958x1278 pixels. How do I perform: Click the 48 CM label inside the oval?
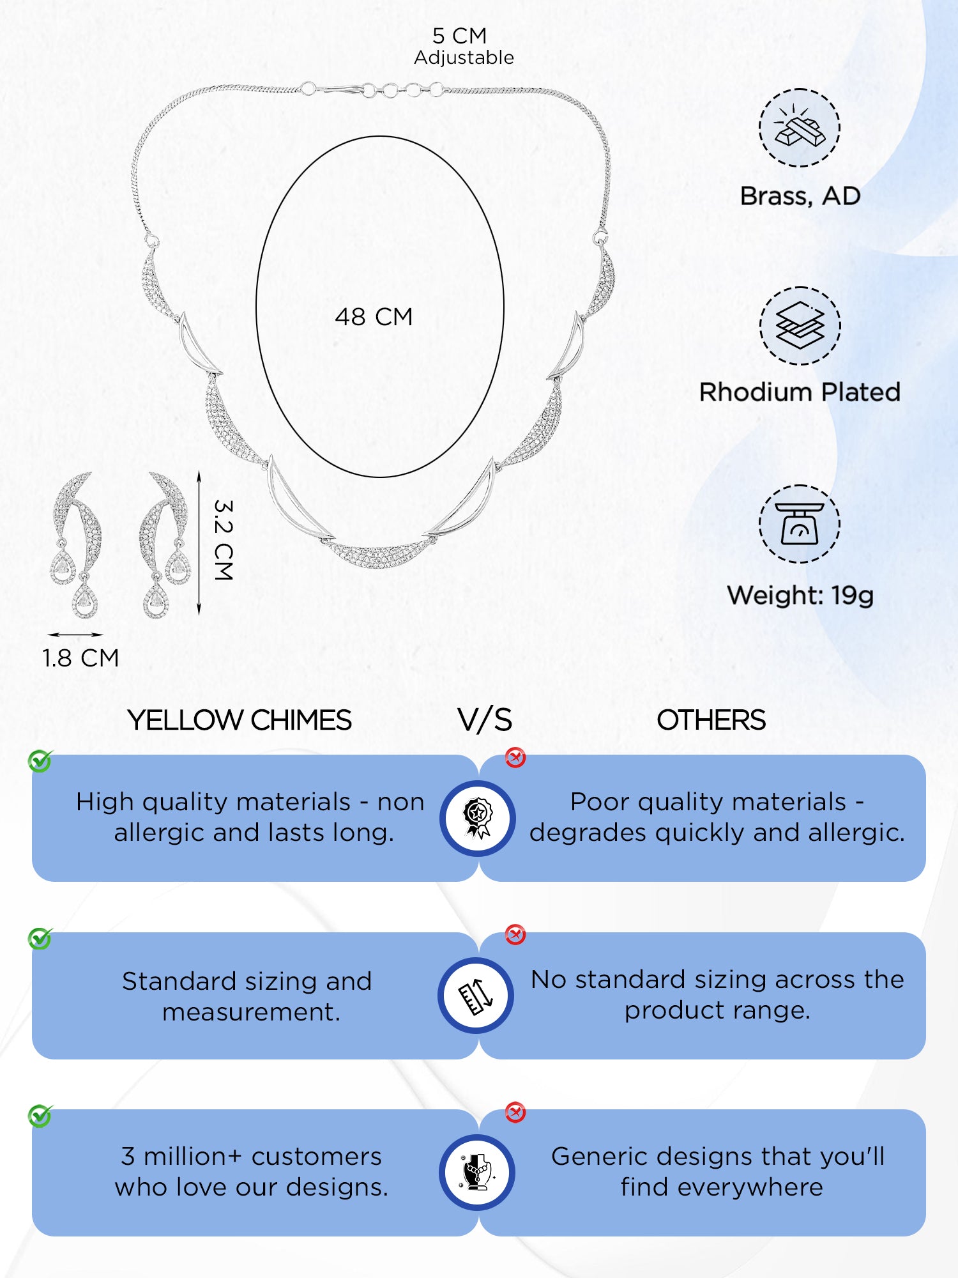[374, 317]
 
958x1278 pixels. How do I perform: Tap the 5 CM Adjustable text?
[464, 46]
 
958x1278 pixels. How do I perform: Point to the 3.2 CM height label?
[223, 540]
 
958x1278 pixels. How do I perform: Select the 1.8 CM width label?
[80, 658]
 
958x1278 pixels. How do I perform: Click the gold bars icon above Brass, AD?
[800, 128]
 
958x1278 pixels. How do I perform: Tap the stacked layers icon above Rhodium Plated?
[800, 326]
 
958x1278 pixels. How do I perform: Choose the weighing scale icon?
[800, 524]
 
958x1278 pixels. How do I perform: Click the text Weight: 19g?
[800, 596]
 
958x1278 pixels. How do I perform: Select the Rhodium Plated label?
[800, 392]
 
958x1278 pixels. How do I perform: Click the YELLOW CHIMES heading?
[240, 720]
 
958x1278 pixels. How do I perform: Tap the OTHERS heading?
[711, 720]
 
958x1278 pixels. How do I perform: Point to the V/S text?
[485, 720]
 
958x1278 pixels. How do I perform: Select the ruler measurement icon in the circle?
[476, 996]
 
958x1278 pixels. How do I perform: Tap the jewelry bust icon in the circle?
[477, 1173]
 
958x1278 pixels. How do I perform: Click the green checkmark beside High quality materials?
[40, 761]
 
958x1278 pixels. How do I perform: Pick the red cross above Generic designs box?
[515, 1112]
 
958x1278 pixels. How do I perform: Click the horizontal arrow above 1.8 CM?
[75, 635]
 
